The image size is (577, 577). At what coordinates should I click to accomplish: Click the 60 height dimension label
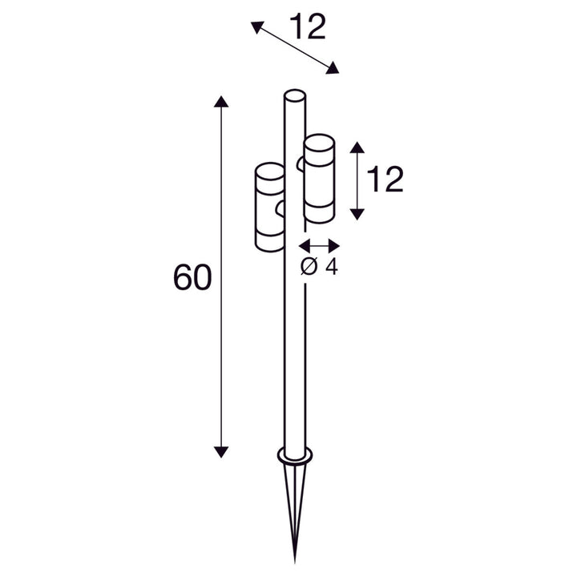[192, 276]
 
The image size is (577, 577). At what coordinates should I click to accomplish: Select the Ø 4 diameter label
[319, 266]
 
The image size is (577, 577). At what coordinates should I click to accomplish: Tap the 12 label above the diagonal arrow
[307, 26]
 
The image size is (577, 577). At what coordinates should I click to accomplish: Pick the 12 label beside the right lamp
[385, 180]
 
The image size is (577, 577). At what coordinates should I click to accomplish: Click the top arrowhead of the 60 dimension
[221, 101]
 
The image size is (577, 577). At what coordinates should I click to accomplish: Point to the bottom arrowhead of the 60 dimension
[221, 452]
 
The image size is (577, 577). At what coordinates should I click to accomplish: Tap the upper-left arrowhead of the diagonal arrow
[257, 27]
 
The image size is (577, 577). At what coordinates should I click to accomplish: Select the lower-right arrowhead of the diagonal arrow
[333, 68]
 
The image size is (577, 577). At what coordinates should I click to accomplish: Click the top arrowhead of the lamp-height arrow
[357, 147]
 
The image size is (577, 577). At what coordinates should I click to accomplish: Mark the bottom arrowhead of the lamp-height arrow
[357, 214]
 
